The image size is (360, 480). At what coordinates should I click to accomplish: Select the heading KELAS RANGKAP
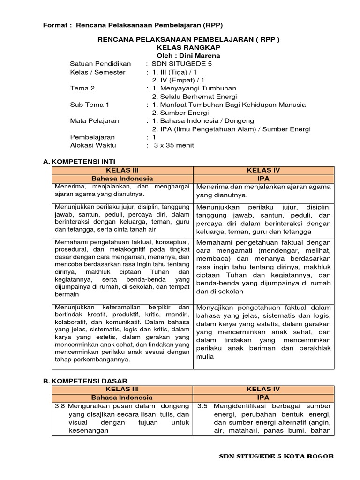pyautogui.click(x=188, y=48)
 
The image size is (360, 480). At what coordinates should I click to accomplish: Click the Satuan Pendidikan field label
pyautogui.click(x=100, y=64)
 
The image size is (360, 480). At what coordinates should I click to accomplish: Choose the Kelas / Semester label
pyautogui.click(x=97, y=72)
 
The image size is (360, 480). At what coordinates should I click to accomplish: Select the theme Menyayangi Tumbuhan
pyautogui.click(x=194, y=88)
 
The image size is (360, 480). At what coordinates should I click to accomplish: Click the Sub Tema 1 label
pyautogui.click(x=90, y=105)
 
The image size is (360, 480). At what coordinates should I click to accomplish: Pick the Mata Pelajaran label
pyautogui.click(x=94, y=121)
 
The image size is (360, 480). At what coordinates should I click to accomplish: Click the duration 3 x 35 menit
pyautogui.click(x=173, y=145)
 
